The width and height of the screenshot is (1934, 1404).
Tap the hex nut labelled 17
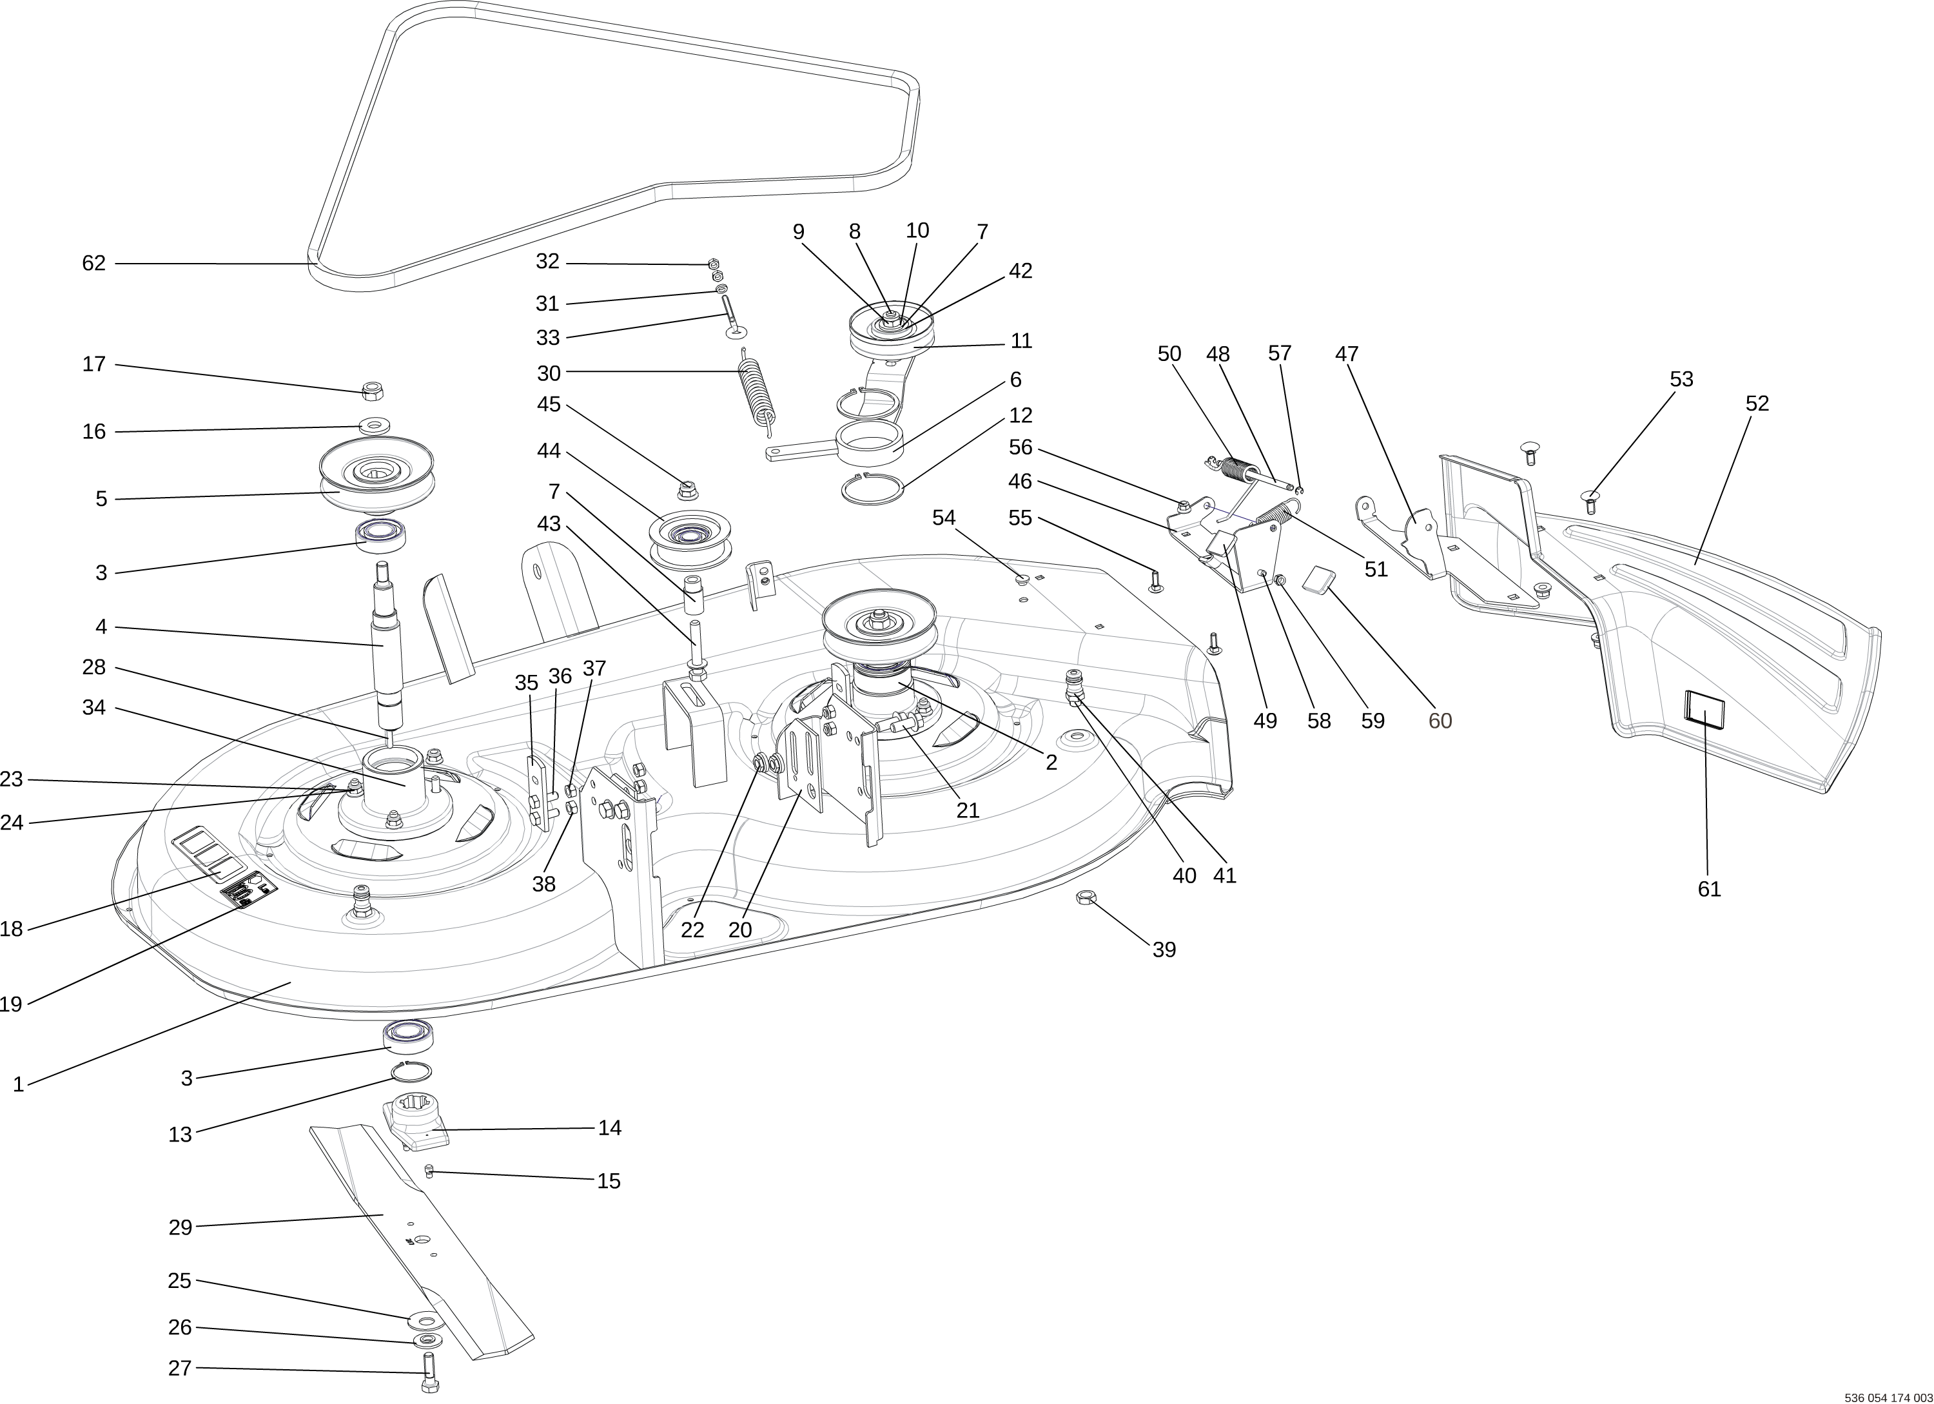coord(373,391)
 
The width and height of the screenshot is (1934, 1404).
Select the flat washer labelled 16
coord(375,425)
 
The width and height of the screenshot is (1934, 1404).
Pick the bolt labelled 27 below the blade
coord(429,1373)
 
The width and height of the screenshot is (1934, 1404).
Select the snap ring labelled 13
coord(412,1071)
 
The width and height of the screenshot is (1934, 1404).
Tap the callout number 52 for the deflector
coord(1757,403)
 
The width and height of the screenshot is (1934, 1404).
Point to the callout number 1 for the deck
coord(18,1085)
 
